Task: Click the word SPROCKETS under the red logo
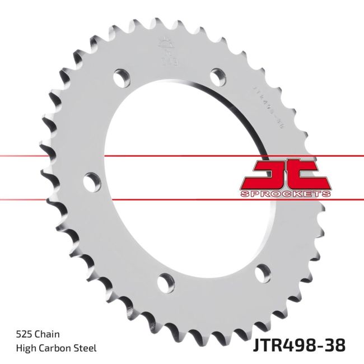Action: tap(286, 194)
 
